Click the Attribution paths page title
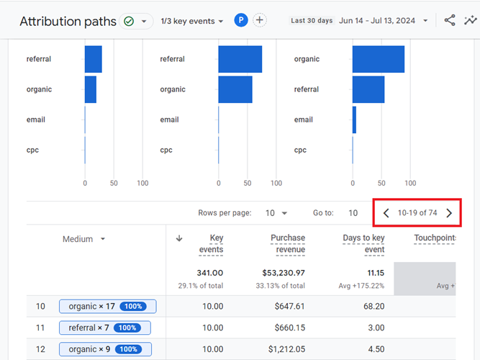(x=68, y=22)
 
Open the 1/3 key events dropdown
(x=192, y=22)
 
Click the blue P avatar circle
(x=241, y=21)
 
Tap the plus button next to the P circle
(x=260, y=21)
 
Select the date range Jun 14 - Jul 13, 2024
(x=384, y=21)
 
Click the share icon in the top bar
(x=450, y=21)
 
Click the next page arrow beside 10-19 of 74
(x=449, y=213)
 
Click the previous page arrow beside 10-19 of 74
(x=386, y=213)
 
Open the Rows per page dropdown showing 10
(x=275, y=213)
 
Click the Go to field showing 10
(x=353, y=213)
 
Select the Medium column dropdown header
(x=83, y=239)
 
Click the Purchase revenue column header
(x=288, y=243)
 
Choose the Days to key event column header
(x=363, y=243)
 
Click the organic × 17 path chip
(x=107, y=307)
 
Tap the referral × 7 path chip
(x=104, y=328)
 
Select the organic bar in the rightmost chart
(x=379, y=59)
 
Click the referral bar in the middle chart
(x=240, y=59)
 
